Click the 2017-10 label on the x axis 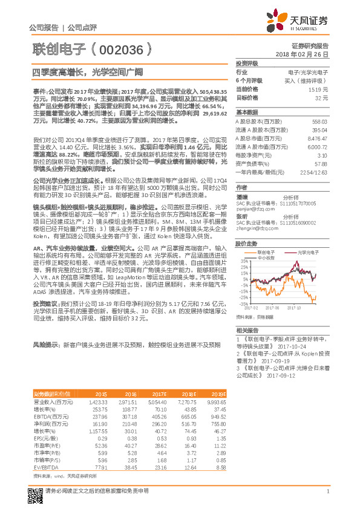pyautogui.click(x=294, y=307)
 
